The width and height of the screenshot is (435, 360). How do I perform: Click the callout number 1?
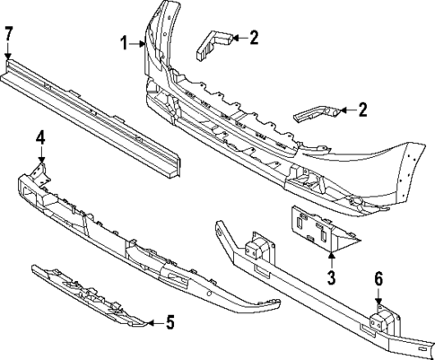click(x=126, y=42)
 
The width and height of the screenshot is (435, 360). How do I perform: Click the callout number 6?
click(x=378, y=279)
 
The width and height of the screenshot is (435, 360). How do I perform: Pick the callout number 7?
click(x=9, y=35)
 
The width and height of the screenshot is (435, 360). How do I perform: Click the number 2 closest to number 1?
click(x=255, y=38)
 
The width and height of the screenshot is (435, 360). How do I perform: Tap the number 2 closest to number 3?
click(x=362, y=110)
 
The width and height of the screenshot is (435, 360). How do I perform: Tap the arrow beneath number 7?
click(x=9, y=53)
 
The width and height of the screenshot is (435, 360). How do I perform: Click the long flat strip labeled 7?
click(x=90, y=112)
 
